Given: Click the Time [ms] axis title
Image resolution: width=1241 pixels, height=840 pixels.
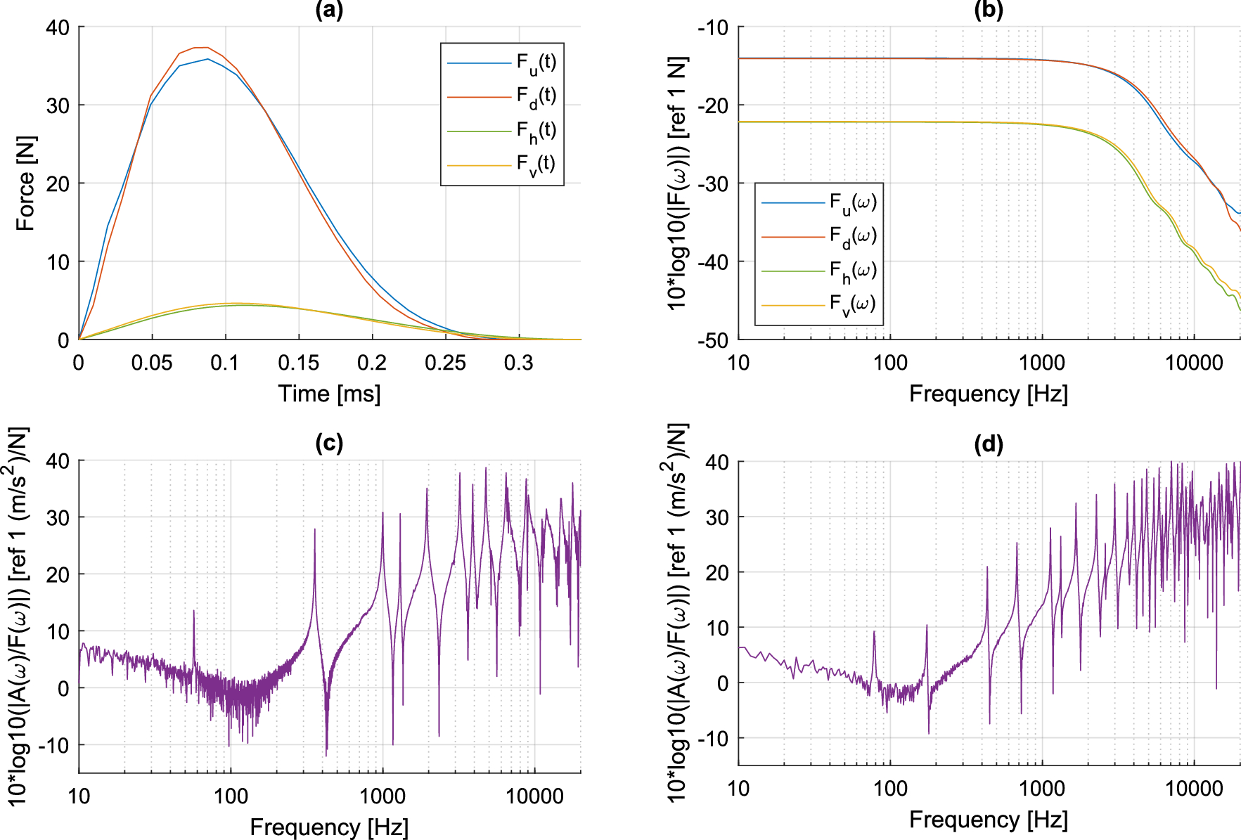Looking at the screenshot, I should pos(329,394).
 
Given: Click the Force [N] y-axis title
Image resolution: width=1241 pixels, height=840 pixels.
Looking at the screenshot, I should pos(26,183).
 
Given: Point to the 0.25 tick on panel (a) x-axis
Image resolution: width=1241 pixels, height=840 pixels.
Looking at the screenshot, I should pos(445,363).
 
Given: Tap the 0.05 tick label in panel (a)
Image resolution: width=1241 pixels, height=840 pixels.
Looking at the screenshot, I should pos(151,363).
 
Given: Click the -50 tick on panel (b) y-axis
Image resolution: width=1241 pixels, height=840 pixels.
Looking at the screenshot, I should pos(713,341).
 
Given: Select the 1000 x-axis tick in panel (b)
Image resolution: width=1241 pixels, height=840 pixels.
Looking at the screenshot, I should pos(1042,363).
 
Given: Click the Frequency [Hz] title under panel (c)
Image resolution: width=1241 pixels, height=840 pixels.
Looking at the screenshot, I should pos(329,827).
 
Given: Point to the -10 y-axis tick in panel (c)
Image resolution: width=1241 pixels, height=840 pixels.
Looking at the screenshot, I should pos(53,745).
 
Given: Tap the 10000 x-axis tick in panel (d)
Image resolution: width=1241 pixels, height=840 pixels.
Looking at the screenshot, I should pos(1194,789).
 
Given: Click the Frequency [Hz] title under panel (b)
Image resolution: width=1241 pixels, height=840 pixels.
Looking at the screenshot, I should pos(989,394).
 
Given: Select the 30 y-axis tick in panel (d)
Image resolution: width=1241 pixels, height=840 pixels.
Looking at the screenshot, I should pos(718,517).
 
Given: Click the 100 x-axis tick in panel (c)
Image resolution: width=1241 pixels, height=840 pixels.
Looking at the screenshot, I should pos(231,796).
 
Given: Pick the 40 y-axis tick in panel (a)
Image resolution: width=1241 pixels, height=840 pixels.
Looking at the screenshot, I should pos(58,28).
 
